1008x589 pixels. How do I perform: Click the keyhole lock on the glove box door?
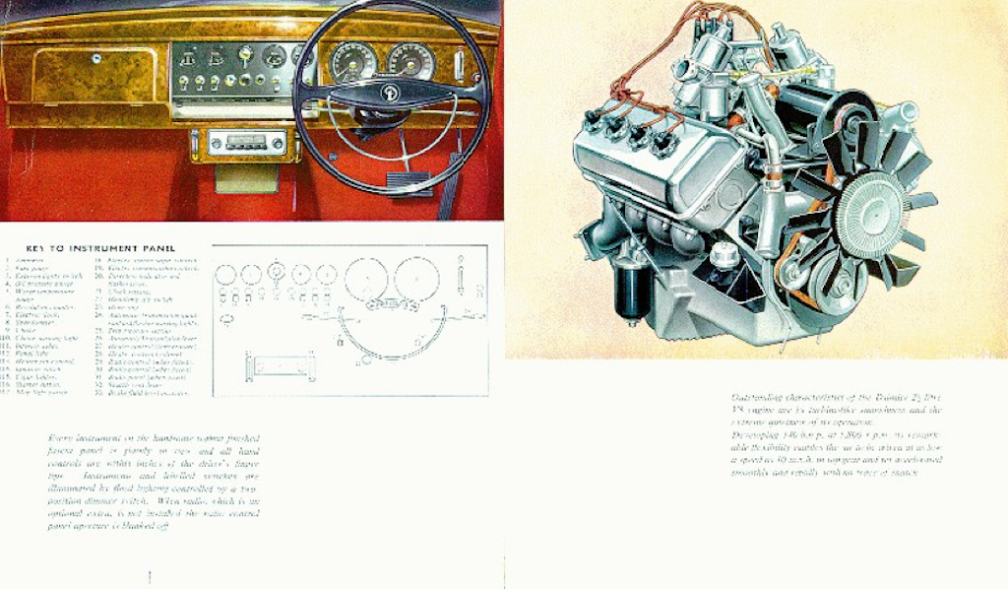pos(95,58)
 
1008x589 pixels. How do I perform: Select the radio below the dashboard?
pos(241,142)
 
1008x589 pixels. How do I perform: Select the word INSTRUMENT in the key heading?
pos(106,247)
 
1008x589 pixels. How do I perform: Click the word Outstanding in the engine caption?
pos(757,397)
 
